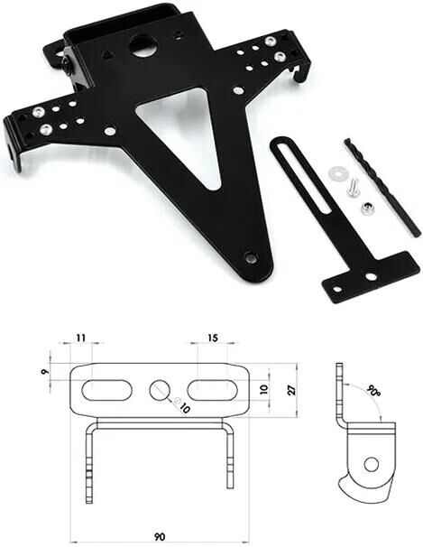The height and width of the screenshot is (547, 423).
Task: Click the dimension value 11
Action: pyautogui.click(x=80, y=338)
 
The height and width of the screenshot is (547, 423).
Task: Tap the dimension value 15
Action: pyautogui.click(x=213, y=338)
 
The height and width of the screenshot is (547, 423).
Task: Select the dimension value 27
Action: pyautogui.click(x=290, y=389)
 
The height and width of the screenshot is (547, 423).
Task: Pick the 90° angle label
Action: pyautogui.click(x=372, y=394)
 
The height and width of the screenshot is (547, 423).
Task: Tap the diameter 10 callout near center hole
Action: pyautogui.click(x=184, y=408)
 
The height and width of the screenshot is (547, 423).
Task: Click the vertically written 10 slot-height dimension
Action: pyautogui.click(x=263, y=389)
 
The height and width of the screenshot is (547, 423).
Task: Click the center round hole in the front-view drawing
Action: pyautogui.click(x=160, y=390)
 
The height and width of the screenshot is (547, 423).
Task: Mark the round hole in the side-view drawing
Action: pyautogui.click(x=371, y=464)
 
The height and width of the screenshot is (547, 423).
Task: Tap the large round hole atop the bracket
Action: pyautogui.click(x=142, y=45)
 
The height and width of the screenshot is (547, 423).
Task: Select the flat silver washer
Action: pyautogui.click(x=338, y=171)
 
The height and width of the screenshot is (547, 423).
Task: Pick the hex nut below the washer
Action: pyautogui.click(x=368, y=209)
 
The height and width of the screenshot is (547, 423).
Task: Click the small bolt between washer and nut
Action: pyautogui.click(x=352, y=188)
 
